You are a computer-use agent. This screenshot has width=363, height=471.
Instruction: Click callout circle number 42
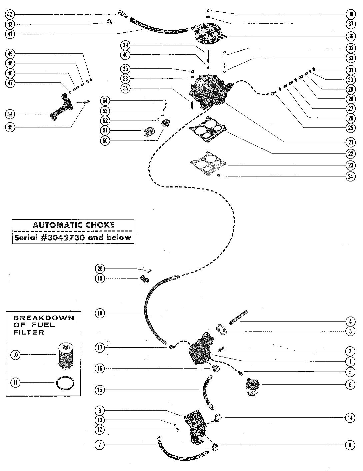pos(10,14)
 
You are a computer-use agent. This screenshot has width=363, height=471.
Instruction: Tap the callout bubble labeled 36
pos(350,36)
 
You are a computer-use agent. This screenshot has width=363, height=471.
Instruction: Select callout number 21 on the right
pos(350,142)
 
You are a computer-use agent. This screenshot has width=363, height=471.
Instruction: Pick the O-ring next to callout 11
pos(65,383)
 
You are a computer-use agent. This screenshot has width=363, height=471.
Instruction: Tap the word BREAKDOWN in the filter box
pos(44,318)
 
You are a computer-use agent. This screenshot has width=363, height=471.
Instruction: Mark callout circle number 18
pos(100,313)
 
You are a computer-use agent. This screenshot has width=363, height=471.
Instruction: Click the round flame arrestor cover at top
pos(209,34)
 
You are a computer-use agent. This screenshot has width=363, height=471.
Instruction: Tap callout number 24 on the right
pos(350,176)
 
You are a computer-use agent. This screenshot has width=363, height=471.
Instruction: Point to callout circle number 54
pos(105,101)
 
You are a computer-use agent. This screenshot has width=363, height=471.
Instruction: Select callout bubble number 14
pos(350,417)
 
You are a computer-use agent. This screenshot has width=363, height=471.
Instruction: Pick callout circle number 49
pos(10,54)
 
